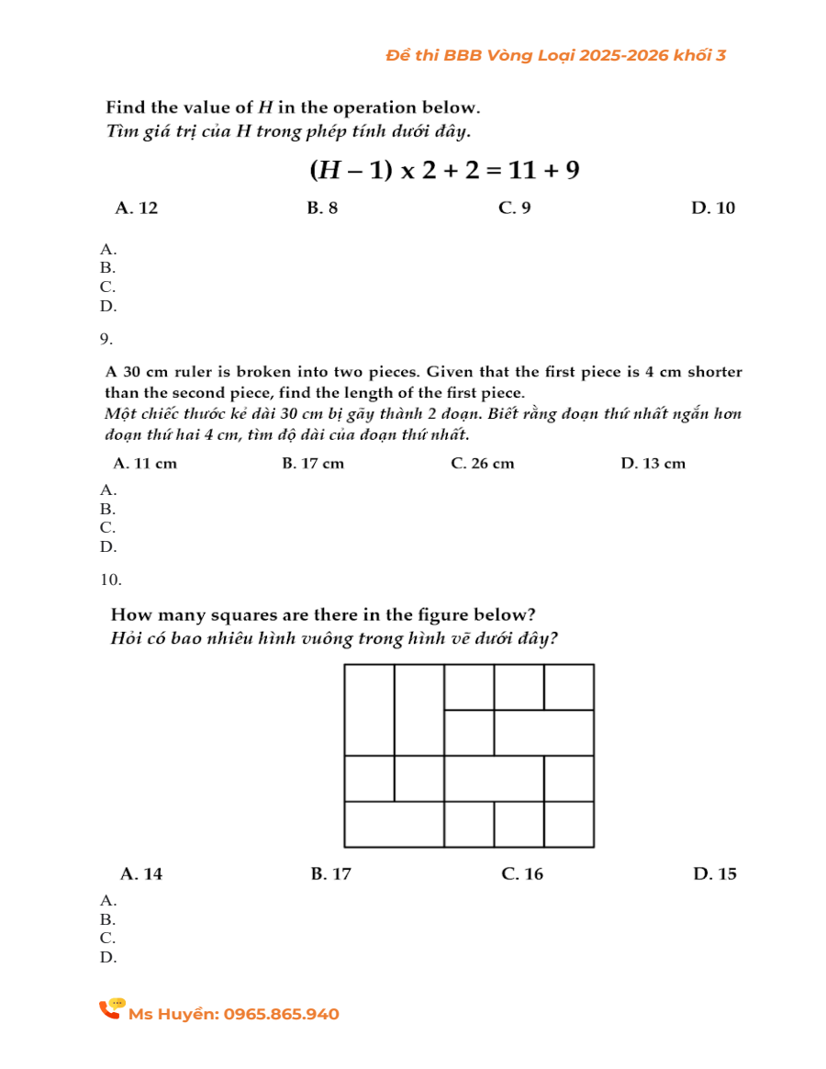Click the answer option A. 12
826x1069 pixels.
136,208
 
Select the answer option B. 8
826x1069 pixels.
322,208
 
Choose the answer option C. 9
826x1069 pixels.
514,208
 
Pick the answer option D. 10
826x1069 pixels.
712,208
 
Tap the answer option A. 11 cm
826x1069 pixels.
145,464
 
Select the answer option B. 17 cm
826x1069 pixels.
313,464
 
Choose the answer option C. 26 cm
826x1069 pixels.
483,464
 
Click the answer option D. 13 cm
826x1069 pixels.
653,464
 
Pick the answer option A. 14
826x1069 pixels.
141,874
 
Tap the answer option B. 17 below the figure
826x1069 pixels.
331,874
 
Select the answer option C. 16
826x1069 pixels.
522,874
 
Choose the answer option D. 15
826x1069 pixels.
714,874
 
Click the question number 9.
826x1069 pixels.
106,340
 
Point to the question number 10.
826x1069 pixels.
110,580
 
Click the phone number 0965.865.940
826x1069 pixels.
281,1015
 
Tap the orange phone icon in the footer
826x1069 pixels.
112,1009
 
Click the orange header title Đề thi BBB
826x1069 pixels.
555,56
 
